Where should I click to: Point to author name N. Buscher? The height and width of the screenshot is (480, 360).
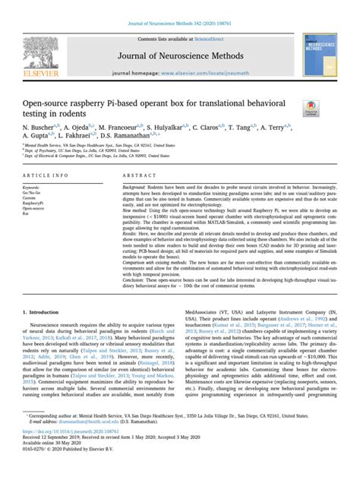click(40, 129)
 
